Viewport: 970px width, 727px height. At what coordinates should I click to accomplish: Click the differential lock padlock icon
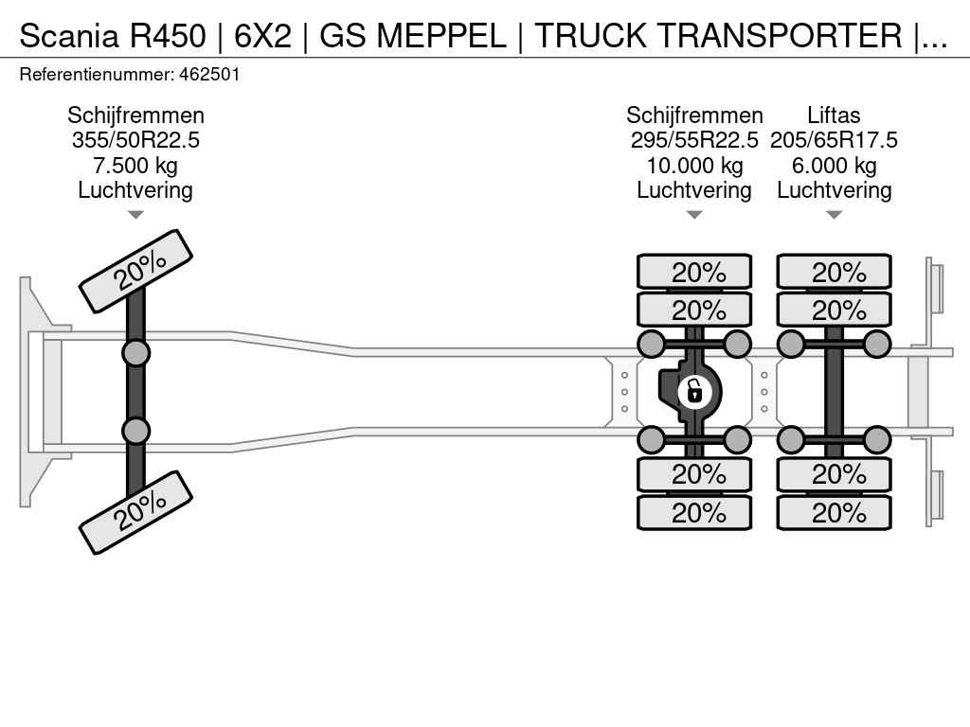click(694, 389)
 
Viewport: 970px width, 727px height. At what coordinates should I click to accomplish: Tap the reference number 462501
click(212, 74)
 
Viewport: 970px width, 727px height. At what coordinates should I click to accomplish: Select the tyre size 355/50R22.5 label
click(135, 141)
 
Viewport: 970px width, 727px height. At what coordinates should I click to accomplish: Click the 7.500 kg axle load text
click(135, 166)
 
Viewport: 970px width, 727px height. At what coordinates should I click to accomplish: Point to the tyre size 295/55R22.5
click(694, 141)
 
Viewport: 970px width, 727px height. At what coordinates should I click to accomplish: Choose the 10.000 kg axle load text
click(694, 166)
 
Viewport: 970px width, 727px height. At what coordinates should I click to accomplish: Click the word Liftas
click(834, 115)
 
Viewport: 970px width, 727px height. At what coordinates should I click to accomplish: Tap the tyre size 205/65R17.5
click(834, 141)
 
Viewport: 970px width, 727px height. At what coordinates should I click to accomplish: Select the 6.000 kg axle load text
click(834, 166)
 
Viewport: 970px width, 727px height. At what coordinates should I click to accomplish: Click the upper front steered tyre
click(135, 271)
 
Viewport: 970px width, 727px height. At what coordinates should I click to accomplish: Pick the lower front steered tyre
click(135, 512)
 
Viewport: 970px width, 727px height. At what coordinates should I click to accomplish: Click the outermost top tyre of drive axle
click(694, 272)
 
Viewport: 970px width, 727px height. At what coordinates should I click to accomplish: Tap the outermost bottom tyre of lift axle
click(834, 513)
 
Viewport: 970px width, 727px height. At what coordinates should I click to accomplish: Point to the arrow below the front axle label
click(135, 215)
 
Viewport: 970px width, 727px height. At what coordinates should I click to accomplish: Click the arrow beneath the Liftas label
click(834, 215)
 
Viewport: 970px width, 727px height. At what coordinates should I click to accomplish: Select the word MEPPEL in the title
click(441, 36)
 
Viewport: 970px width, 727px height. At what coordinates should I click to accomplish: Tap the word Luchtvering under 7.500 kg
click(135, 190)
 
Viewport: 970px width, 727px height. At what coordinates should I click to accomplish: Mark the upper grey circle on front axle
click(135, 353)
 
